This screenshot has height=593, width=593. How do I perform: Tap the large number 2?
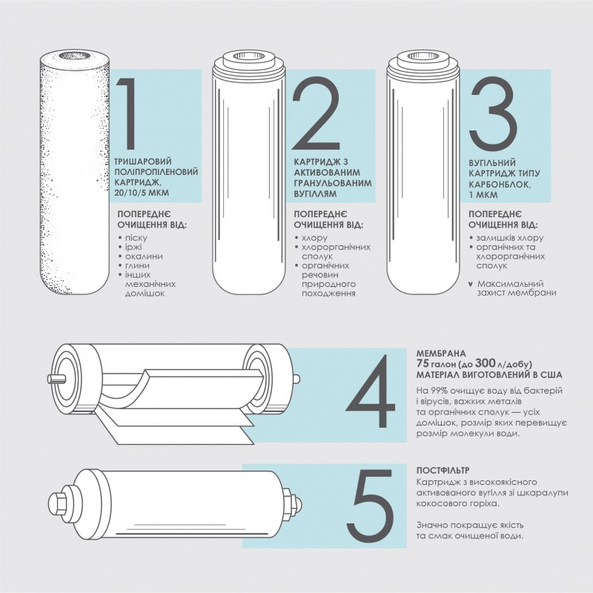click(x=316, y=113)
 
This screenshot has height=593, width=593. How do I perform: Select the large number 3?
click(x=493, y=113)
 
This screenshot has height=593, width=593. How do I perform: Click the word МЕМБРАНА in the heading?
click(x=441, y=354)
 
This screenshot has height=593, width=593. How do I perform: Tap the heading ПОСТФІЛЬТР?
click(x=443, y=471)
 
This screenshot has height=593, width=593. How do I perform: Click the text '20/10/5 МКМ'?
click(x=142, y=193)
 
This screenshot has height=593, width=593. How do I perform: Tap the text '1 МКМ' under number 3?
click(x=483, y=195)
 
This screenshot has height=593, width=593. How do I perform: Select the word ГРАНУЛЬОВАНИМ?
click(x=333, y=183)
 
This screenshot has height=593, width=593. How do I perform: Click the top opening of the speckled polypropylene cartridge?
click(x=75, y=56)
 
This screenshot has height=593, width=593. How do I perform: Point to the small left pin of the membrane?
click(x=56, y=378)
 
